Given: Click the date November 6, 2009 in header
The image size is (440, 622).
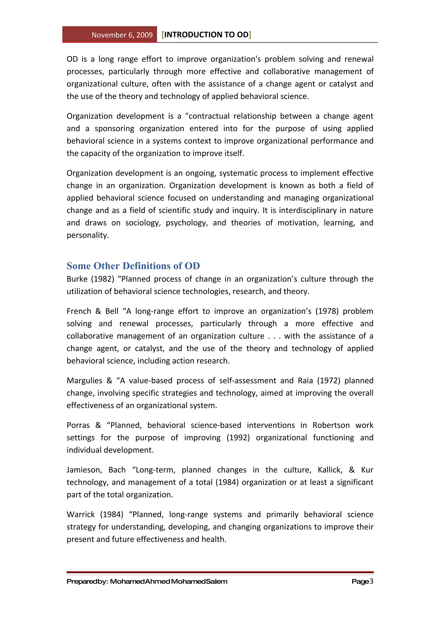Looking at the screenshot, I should point(122,35).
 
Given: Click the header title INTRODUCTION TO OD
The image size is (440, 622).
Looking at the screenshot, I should point(206,35).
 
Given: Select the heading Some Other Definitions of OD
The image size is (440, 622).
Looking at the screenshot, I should point(133,266).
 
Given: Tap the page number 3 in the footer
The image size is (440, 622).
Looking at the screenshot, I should point(371,581).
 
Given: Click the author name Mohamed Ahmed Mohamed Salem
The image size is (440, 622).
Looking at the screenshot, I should point(168,582).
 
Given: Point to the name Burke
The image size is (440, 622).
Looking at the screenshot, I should point(77,279).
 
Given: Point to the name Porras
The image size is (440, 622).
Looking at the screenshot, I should point(78,425).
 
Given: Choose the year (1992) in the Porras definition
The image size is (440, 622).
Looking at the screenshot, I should point(238,438).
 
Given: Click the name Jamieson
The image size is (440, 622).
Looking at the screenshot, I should point(84,470).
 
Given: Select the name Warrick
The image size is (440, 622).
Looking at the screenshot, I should point(81,514).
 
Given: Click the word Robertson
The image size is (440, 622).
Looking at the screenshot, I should point(331,425).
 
